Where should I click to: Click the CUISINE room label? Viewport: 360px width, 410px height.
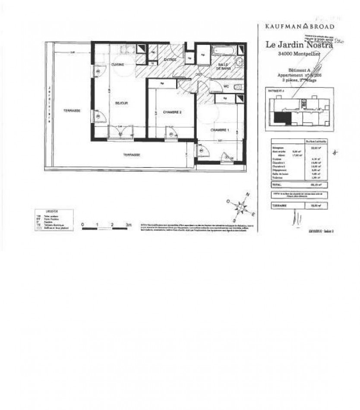coord(117,64)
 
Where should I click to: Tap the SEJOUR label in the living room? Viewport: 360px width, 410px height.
coord(121,103)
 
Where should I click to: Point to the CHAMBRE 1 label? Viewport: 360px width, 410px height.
coord(219,130)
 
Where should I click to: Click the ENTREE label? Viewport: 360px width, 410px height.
coord(170,60)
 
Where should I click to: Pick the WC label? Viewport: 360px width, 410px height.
coord(226,86)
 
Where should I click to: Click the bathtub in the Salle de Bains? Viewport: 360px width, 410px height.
coord(223,51)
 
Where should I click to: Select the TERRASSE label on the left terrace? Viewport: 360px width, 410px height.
coord(71,111)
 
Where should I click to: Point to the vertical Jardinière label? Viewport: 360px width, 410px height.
coord(50,104)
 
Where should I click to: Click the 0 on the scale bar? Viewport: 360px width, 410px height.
coord(82,224)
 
